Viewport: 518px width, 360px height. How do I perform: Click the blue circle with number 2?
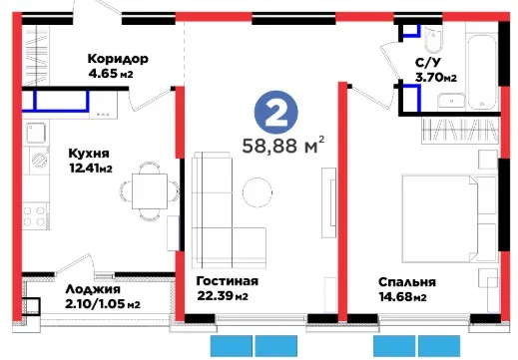pyautogui.click(x=276, y=113)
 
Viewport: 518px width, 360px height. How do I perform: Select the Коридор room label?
pyautogui.click(x=118, y=59)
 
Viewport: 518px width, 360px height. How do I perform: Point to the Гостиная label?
pyautogui.click(x=228, y=281)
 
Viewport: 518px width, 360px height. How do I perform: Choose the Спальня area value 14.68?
pyautogui.click(x=395, y=296)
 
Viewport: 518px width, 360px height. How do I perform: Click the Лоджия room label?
pyautogui.click(x=93, y=289)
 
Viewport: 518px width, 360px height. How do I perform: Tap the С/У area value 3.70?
pyautogui.click(x=430, y=78)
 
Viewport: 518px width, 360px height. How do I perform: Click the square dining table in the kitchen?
pyautogui.click(x=150, y=191)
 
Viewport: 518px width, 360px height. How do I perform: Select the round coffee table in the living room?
pyautogui.click(x=258, y=192)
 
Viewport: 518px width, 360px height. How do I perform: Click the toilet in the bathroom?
pyautogui.click(x=433, y=39)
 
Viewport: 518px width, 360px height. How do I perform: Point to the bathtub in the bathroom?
pyautogui.click(x=482, y=72)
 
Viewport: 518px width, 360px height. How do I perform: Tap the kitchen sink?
pyautogui.click(x=36, y=133)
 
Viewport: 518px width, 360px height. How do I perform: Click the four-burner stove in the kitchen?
pyautogui.click(x=34, y=215)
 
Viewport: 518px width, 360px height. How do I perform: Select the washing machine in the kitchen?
pyautogui.click(x=39, y=161)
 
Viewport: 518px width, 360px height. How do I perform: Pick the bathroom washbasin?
pyautogui.click(x=451, y=101)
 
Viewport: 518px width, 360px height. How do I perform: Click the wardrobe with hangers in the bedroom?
pyautogui.click(x=460, y=131)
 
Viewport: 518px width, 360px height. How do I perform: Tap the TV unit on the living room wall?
pyautogui.click(x=329, y=202)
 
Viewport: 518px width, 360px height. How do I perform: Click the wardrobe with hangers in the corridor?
pyautogui.click(x=36, y=56)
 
